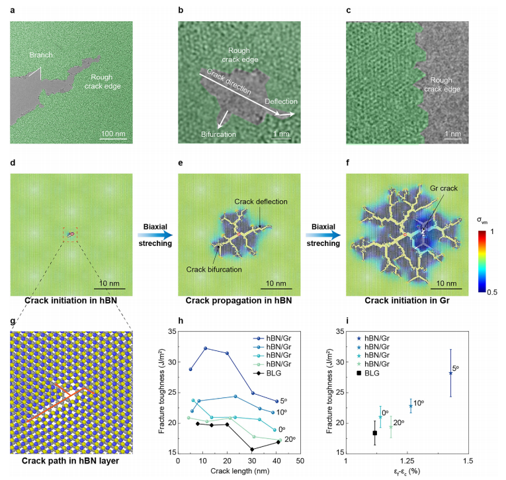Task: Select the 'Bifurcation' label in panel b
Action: coord(218,134)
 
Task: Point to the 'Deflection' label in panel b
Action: coord(281,102)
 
